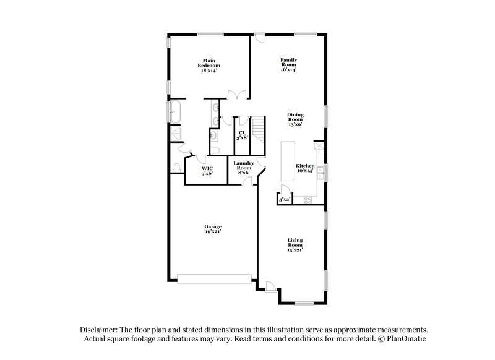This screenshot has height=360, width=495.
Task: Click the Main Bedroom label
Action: pos(209,66)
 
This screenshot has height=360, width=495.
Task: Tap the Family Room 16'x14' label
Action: pos(288,65)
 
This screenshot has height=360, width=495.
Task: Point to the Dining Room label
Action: pos(295,119)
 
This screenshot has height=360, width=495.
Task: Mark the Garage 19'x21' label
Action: pos(213,228)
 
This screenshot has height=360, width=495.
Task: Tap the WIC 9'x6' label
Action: pos(207,171)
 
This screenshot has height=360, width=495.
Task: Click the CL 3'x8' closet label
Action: pos(242,135)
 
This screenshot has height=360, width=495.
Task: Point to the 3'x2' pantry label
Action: pos(285,200)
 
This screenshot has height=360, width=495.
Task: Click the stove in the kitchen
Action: pos(308,199)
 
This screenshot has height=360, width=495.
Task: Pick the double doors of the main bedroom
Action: pos(236,95)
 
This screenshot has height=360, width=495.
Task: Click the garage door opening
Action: pos(214,277)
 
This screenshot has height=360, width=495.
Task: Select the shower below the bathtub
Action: pos(176,133)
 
